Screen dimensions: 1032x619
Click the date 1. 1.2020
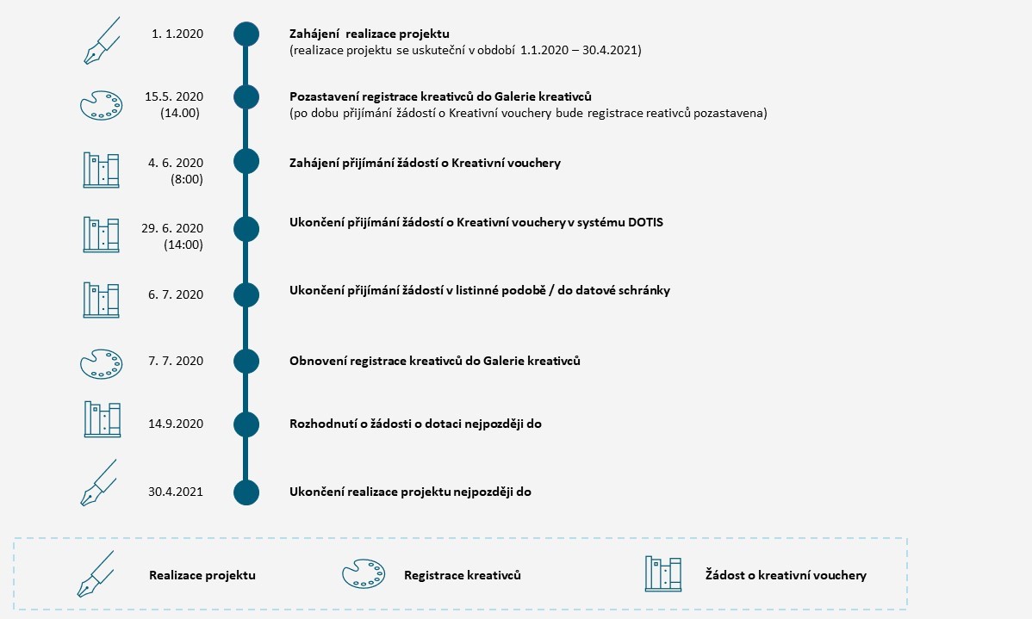point(177,34)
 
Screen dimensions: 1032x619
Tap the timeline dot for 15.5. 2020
point(246,97)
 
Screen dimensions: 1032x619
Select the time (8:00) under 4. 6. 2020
point(187,179)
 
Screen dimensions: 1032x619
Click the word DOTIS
point(645,222)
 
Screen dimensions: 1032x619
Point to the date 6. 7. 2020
point(176,294)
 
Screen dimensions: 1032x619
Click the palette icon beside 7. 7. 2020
point(102,364)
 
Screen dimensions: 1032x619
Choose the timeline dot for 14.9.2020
point(246,424)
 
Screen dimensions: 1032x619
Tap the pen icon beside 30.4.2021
point(99,483)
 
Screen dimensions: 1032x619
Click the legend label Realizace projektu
point(202,576)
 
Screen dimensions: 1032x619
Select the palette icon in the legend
point(364,573)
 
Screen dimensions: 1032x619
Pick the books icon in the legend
point(662,573)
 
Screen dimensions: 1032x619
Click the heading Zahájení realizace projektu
point(370,34)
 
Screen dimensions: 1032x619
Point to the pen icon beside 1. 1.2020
point(102,40)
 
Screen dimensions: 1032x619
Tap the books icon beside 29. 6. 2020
point(102,235)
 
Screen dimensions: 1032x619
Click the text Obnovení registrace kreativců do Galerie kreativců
point(435,361)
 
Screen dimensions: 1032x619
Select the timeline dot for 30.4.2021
point(246,492)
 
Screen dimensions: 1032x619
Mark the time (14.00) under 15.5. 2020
point(180,113)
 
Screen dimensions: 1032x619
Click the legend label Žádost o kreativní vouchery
point(786,576)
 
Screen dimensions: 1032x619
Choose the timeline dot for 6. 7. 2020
point(246,295)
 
